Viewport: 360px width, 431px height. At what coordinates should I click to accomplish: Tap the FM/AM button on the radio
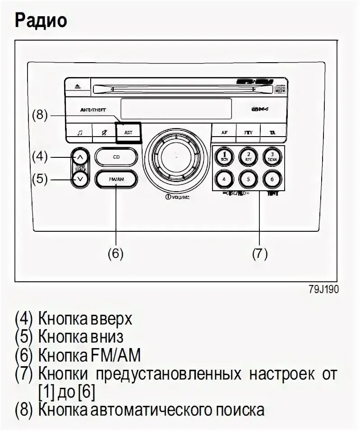pos(116,179)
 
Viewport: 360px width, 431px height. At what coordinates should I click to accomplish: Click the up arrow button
pos(80,157)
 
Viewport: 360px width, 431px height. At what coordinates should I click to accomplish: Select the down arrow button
pos(80,179)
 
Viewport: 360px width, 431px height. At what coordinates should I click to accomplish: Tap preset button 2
pos(247,156)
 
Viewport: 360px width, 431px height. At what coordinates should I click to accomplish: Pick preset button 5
pos(247,179)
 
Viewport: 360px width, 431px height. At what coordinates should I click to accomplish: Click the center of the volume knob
pos(175,158)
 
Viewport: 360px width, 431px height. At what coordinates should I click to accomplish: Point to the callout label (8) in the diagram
pos(39,115)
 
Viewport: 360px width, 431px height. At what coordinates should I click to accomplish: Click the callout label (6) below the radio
pos(115,254)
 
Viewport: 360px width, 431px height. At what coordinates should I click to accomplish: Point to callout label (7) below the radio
pos(260,254)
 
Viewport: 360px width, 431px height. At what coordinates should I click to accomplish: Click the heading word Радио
pos(41,20)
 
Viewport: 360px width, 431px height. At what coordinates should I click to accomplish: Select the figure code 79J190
pos(323,289)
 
